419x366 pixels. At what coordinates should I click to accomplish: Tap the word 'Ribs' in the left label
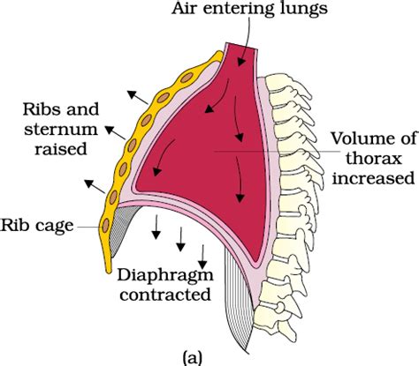click(x=44, y=111)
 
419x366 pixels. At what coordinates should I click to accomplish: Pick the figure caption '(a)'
click(x=193, y=356)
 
